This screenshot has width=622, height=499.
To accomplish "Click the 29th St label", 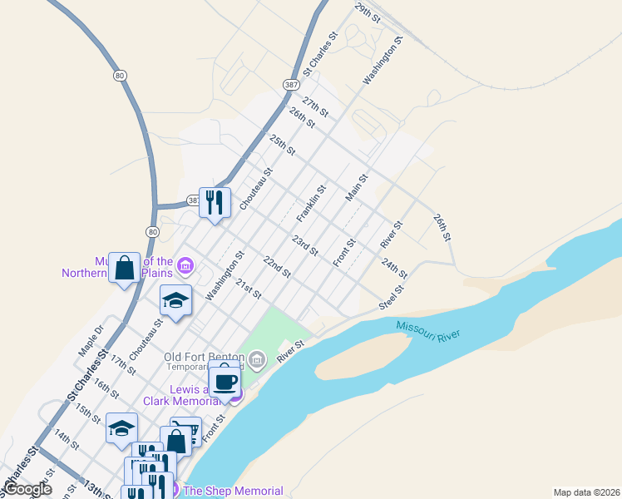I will click(367, 12).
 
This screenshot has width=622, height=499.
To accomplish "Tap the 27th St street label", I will click(316, 106).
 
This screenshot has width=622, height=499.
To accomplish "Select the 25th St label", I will click(283, 144).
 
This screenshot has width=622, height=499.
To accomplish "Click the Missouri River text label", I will click(428, 330).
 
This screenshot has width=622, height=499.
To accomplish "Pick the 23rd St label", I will click(305, 246).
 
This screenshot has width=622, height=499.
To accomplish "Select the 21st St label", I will click(248, 289).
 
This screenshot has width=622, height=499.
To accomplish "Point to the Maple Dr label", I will click(91, 341).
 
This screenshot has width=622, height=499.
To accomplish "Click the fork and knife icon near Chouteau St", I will click(215, 202).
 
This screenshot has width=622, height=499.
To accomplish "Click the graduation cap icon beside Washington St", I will click(175, 300).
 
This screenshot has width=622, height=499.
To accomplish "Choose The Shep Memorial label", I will click(233, 491).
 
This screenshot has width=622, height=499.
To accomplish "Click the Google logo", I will click(27, 489).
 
